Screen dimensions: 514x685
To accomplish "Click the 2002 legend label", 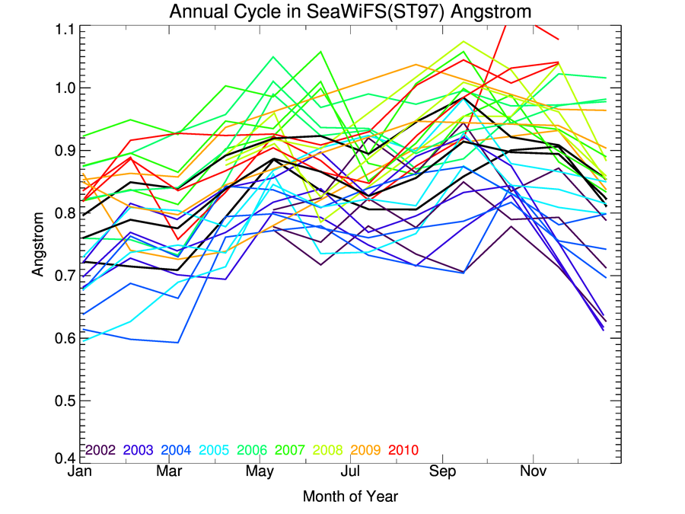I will pyautogui.click(x=100, y=450).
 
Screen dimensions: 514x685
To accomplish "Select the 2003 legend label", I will pyautogui.click(x=140, y=450).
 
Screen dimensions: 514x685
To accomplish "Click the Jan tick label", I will pyautogui.click(x=79, y=471).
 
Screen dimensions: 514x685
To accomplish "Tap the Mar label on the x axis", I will pyautogui.click(x=170, y=471).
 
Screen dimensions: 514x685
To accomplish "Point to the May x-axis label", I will pyautogui.click(x=260, y=471).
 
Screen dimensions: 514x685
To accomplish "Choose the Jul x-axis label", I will pyautogui.click(x=351, y=471).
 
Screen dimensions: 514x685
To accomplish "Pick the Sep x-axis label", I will pyautogui.click(x=442, y=471).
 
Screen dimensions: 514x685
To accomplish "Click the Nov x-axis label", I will pyautogui.click(x=533, y=471).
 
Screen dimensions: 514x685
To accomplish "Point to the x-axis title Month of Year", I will pyautogui.click(x=350, y=496).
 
